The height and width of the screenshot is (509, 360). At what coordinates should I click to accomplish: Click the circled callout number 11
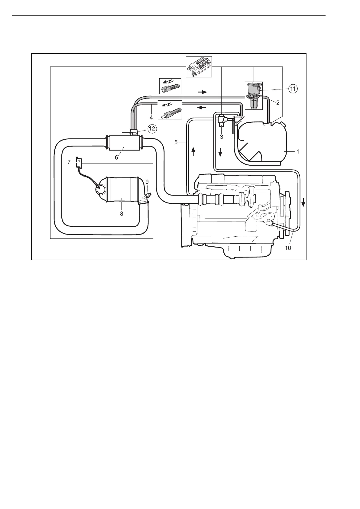pos(293,89)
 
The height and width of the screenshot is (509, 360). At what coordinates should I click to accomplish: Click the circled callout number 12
pos(152,129)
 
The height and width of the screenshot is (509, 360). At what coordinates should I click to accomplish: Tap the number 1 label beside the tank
pos(297,152)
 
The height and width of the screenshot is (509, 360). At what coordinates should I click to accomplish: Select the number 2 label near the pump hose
pos(277,102)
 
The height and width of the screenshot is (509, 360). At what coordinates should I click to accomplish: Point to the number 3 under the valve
pos(222,137)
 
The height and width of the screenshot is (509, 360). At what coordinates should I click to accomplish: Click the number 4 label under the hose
pos(151,117)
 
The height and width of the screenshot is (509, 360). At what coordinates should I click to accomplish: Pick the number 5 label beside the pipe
pos(176,142)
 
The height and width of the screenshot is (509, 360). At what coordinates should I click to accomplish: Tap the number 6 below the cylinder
pos(116,157)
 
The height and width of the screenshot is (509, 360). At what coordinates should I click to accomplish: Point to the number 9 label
pos(147,182)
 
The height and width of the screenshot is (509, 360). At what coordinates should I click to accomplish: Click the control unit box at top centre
pos(199,66)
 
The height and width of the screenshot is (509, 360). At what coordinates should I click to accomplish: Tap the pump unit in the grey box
pos(253,96)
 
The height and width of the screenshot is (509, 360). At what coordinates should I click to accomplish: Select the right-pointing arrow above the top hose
pos(202,92)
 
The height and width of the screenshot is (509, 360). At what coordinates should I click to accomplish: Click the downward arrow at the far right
pos(303,204)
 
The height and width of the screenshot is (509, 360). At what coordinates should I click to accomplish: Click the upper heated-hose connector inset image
pos(170,86)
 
